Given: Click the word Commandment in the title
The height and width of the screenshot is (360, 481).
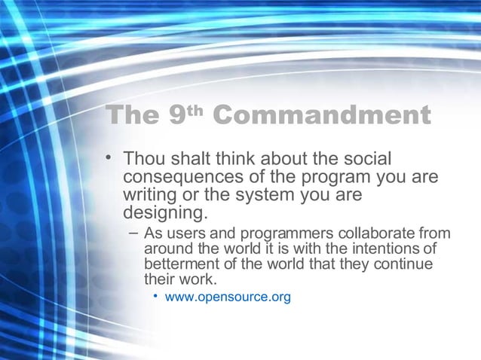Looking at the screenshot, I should point(323,116).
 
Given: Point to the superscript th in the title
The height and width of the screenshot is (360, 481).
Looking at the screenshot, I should point(196,111).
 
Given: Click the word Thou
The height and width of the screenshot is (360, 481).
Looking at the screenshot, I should point(145,160).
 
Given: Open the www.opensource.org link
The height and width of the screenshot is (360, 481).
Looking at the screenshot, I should point(228,297).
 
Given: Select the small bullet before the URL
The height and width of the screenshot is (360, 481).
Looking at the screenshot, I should point(155,296).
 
